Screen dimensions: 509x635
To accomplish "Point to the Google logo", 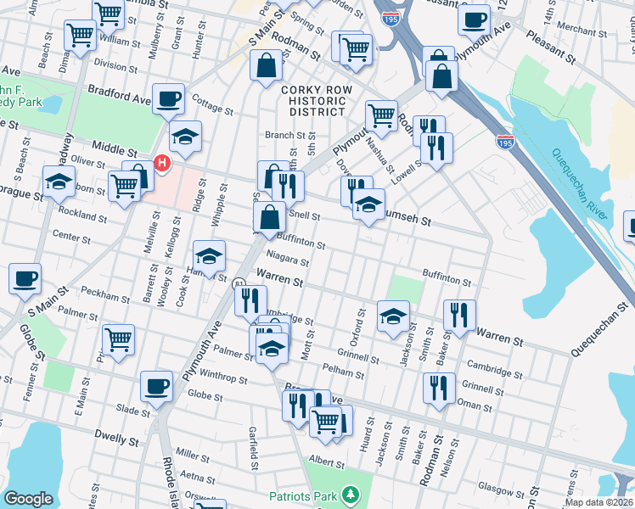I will (x=28, y=499).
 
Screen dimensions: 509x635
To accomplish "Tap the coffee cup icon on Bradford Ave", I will (x=168, y=98).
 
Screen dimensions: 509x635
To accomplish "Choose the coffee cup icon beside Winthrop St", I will (x=156, y=386).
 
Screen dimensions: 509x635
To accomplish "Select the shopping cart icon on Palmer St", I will (x=118, y=338).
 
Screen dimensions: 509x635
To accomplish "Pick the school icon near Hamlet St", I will (x=209, y=255).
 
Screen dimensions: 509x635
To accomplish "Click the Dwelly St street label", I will (x=117, y=440).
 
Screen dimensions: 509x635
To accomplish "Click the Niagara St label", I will (x=287, y=261).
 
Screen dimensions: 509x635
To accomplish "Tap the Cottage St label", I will (x=212, y=109).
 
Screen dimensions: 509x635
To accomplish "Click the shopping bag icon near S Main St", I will (x=267, y=64).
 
